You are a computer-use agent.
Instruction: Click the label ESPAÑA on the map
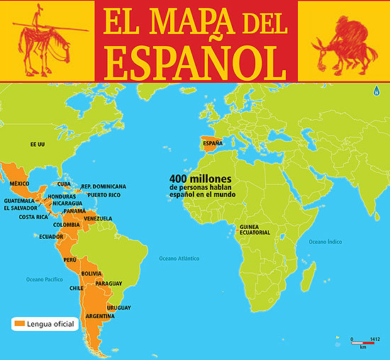pos(213,143)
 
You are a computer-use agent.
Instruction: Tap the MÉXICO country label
pos(19,184)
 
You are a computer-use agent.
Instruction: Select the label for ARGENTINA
pos(100,315)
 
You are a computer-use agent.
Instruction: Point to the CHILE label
pos(77,288)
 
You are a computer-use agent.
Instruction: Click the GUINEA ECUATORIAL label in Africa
pos(254,229)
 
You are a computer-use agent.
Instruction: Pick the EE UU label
pos(38,144)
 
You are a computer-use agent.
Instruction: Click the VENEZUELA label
pos(98,218)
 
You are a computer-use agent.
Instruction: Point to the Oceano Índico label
pos(325,242)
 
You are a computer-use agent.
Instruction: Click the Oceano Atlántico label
pos(179,258)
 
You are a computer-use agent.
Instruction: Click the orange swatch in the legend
pos(19,324)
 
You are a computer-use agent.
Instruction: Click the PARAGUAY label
pos(108,283)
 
